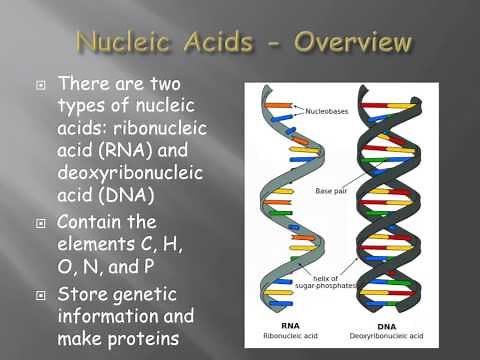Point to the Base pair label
(x=331, y=190)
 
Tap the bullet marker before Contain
(x=41, y=222)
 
